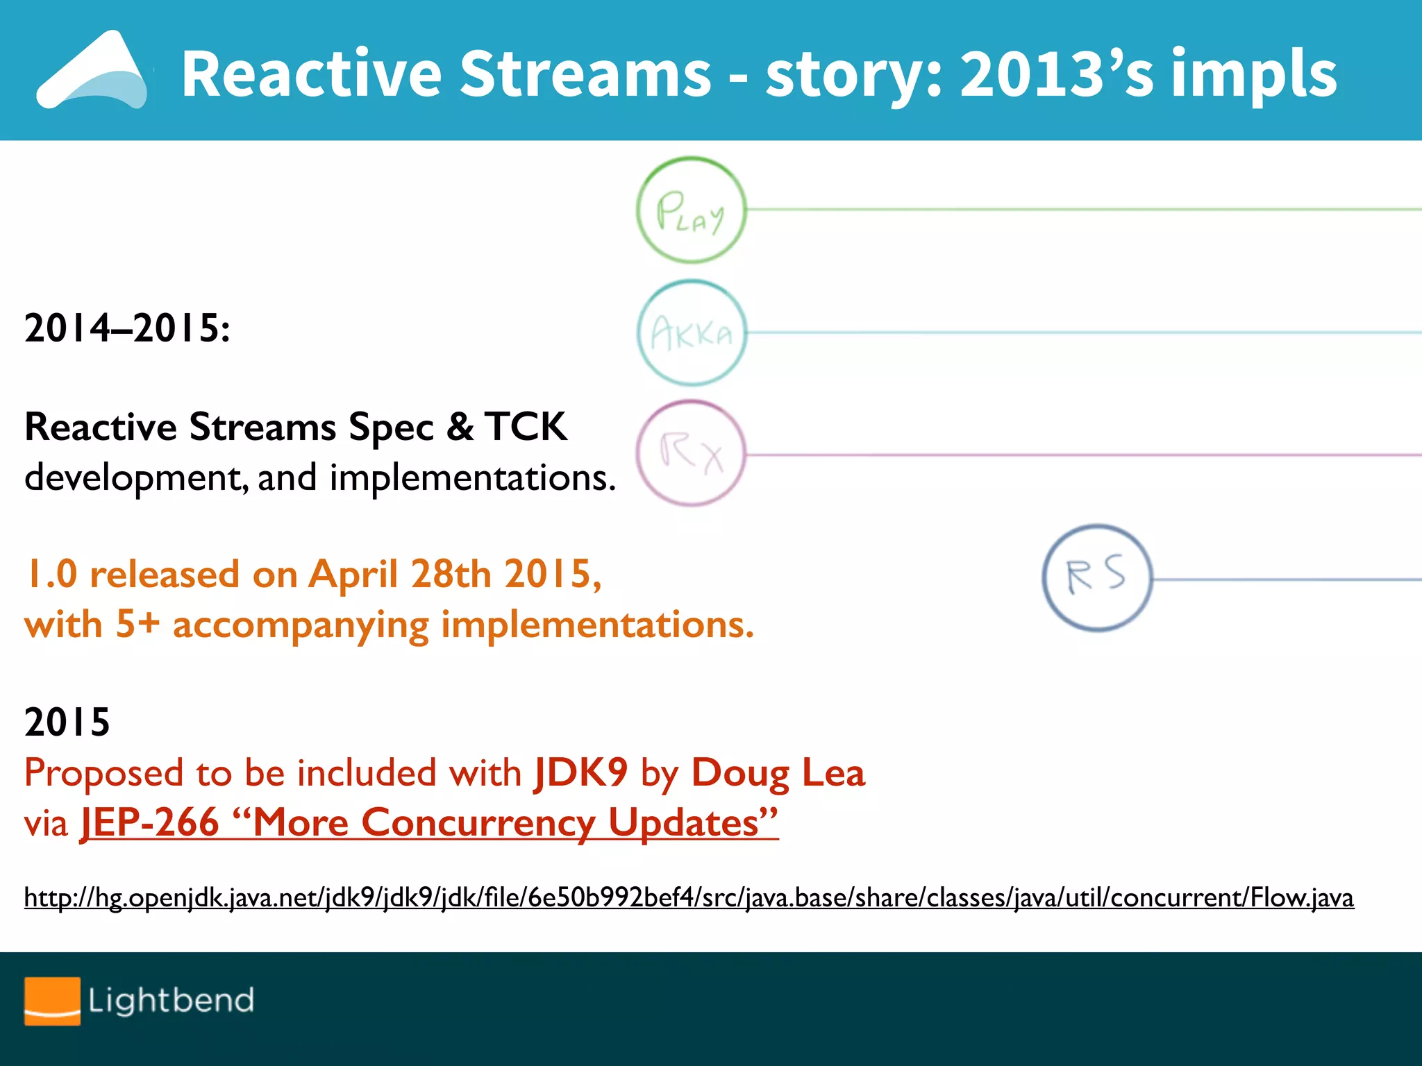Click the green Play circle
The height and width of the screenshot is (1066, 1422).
click(x=691, y=210)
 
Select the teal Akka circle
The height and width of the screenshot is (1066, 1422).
click(x=692, y=333)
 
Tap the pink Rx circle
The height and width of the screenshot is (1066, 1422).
click(x=691, y=454)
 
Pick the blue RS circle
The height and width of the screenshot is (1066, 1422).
click(x=1097, y=577)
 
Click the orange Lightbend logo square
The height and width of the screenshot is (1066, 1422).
click(x=52, y=1001)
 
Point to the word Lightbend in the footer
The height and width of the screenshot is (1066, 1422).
click(x=171, y=1001)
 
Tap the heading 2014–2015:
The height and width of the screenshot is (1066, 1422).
click(x=127, y=328)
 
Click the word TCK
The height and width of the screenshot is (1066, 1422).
click(x=526, y=426)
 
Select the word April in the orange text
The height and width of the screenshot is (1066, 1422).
click(x=353, y=574)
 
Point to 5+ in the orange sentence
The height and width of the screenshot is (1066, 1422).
click(x=137, y=624)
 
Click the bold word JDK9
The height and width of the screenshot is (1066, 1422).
click(x=581, y=772)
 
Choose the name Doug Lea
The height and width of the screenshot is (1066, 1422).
click(x=778, y=772)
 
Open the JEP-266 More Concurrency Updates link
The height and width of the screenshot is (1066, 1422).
click(x=429, y=823)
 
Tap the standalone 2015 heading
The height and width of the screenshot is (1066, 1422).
click(x=67, y=722)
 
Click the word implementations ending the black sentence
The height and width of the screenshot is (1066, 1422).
click(x=472, y=478)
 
